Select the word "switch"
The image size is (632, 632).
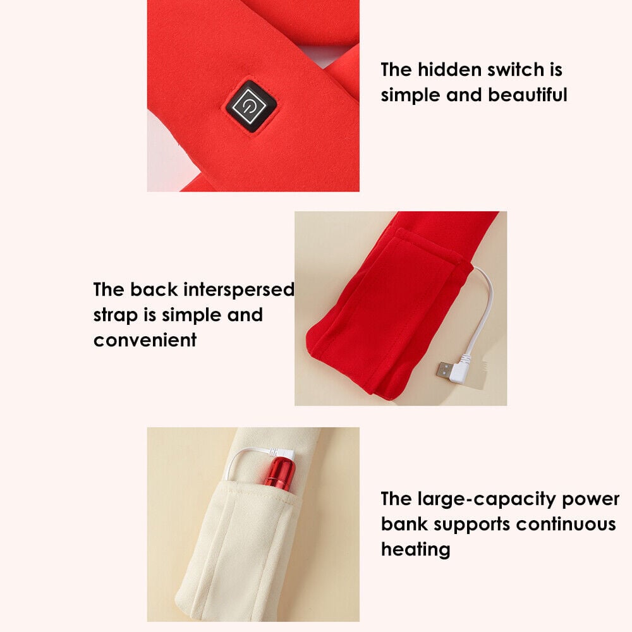(x=515, y=70)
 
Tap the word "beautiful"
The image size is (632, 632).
(x=527, y=95)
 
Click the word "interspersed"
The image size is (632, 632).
(x=239, y=290)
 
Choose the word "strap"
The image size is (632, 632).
(x=115, y=315)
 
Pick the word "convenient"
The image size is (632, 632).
(x=145, y=340)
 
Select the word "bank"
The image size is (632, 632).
(x=404, y=524)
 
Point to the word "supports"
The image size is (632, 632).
(x=471, y=525)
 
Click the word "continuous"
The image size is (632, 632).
(x=566, y=524)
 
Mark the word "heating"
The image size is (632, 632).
(x=416, y=550)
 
